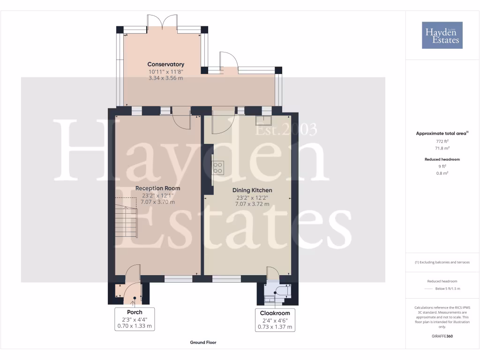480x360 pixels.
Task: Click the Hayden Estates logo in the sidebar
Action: pyautogui.click(x=442, y=35)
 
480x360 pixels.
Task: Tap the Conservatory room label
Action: pyautogui.click(x=166, y=64)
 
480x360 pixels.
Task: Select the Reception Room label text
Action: pyautogui.click(x=157, y=188)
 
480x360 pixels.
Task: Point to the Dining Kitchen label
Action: pyautogui.click(x=252, y=190)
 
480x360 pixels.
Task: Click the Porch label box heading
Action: pyautogui.click(x=135, y=312)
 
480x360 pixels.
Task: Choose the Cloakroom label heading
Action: pyautogui.click(x=275, y=313)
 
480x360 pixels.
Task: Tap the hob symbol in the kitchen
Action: pyautogui.click(x=218, y=167)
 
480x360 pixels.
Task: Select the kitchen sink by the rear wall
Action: pyautogui.click(x=262, y=120)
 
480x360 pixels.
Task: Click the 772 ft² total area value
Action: pyautogui.click(x=442, y=141)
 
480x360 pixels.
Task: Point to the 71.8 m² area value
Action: pyautogui.click(x=442, y=148)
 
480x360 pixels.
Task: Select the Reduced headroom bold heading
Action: pyautogui.click(x=442, y=159)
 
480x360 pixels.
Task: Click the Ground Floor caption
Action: pyautogui.click(x=203, y=343)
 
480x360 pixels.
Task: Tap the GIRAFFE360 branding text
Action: pyautogui.click(x=442, y=336)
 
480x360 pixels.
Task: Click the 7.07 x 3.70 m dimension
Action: pyautogui.click(x=157, y=202)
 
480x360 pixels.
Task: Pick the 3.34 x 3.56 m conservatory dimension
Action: pyautogui.click(x=166, y=78)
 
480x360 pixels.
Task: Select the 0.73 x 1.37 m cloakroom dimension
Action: pyautogui.click(x=275, y=327)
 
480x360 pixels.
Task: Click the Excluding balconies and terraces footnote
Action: pyautogui.click(x=442, y=262)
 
